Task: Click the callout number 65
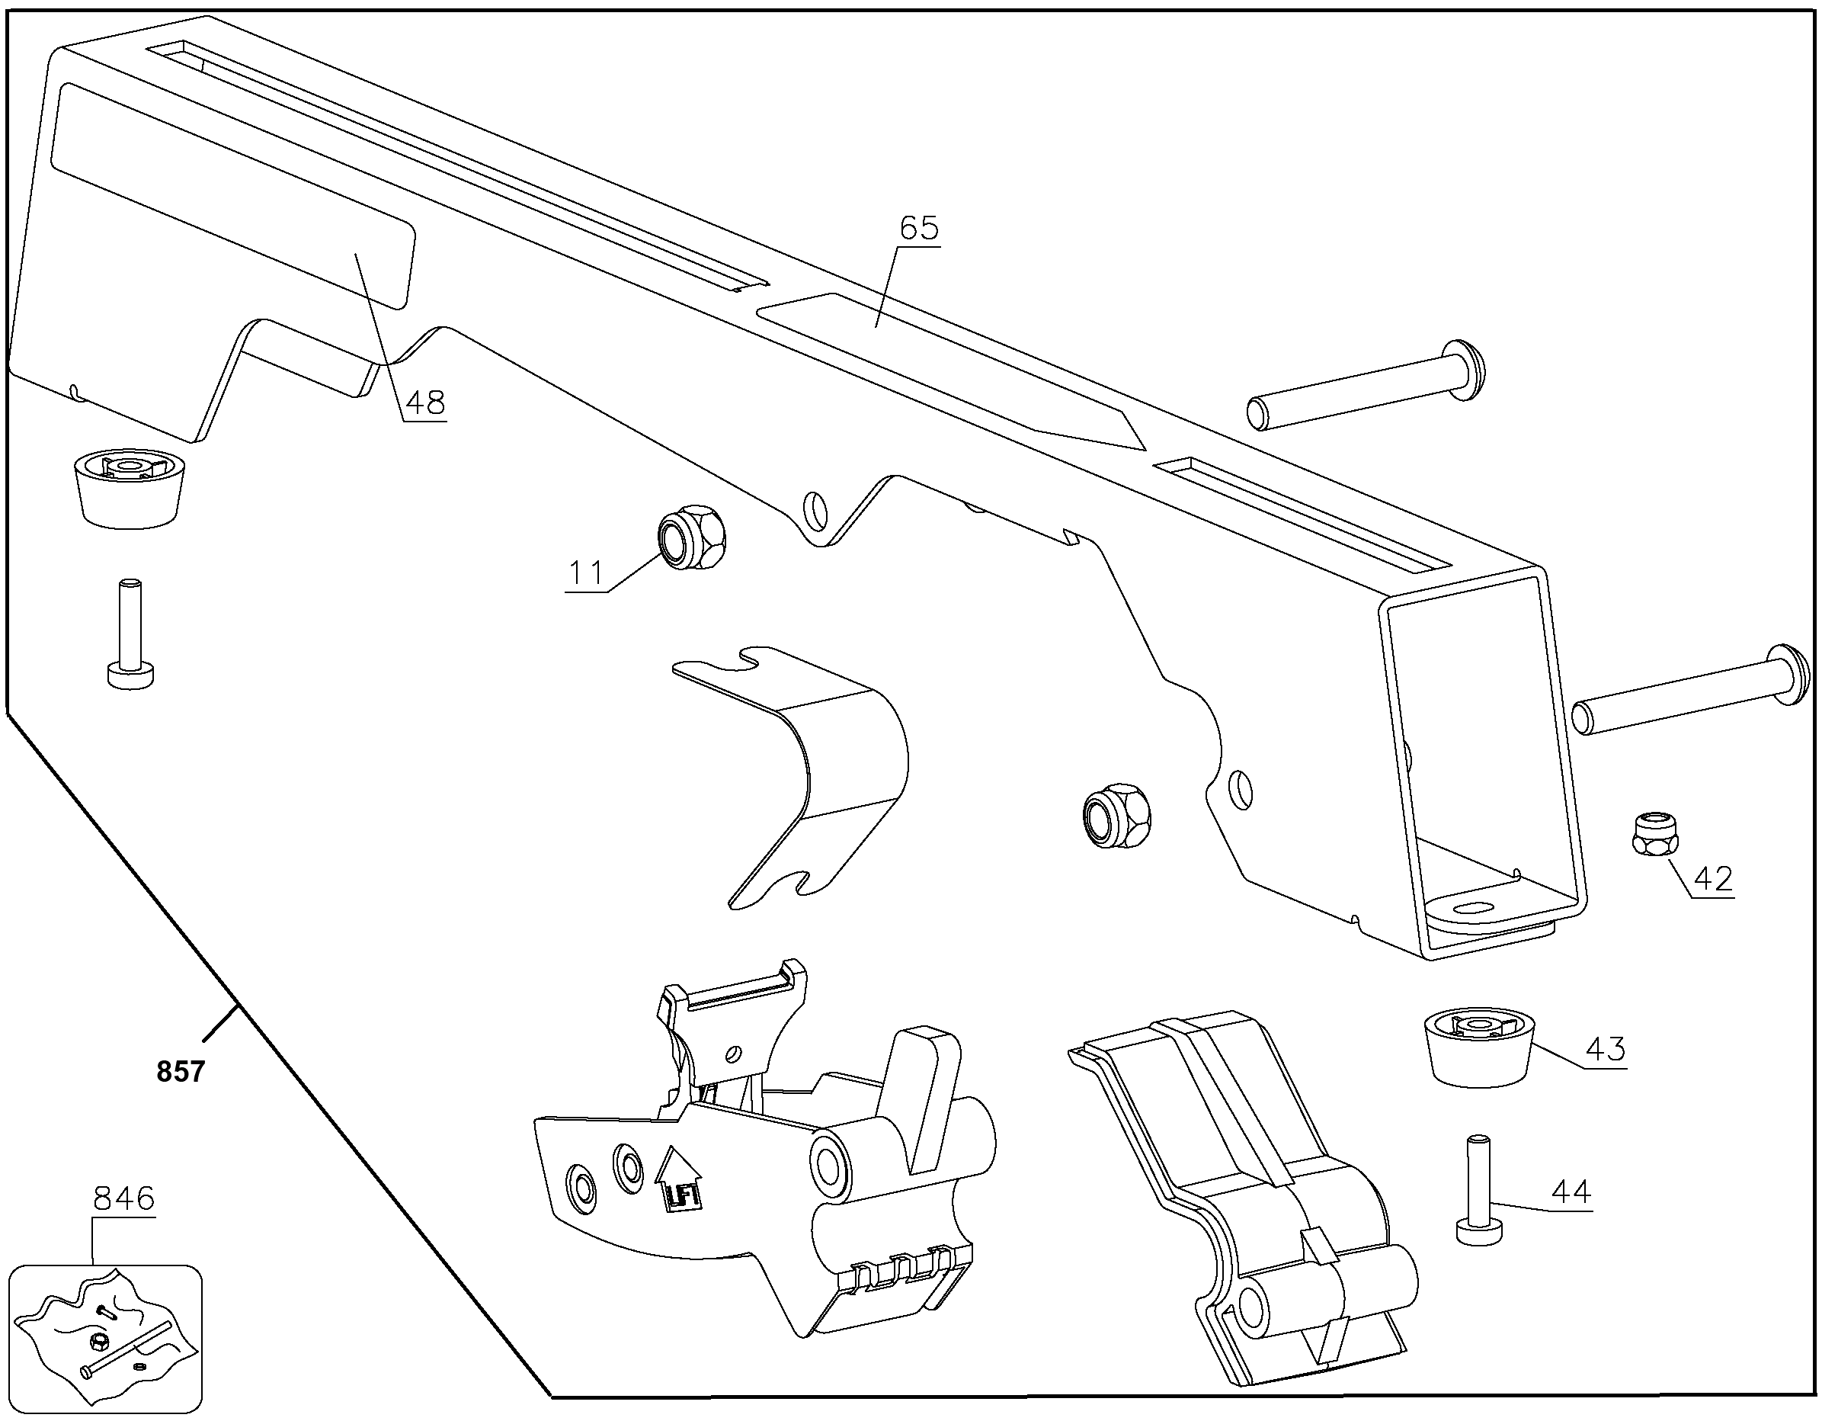(x=918, y=229)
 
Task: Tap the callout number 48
(x=424, y=403)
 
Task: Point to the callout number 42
(x=1713, y=879)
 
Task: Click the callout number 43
(x=1605, y=1049)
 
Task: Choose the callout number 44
(x=1571, y=1191)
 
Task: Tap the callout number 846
(x=123, y=1199)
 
